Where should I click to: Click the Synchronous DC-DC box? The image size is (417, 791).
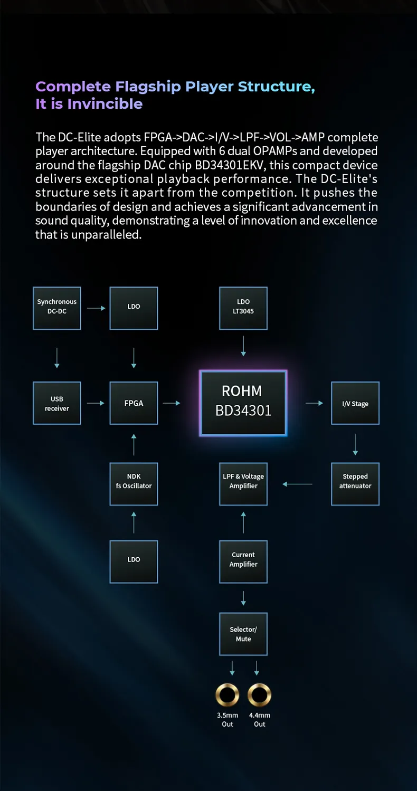(57, 308)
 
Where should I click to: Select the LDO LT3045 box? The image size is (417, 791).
(243, 308)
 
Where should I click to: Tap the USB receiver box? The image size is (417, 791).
(57, 403)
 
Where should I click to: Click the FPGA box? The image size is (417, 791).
(134, 403)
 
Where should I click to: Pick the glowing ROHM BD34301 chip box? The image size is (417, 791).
(243, 403)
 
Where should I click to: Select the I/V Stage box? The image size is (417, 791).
(355, 403)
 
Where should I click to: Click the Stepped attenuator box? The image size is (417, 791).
(355, 484)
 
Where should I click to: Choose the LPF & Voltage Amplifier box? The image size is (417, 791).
(243, 484)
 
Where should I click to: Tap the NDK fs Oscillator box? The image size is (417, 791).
(134, 484)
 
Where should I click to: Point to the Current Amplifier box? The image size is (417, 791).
(243, 561)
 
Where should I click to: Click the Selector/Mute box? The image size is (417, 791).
(243, 634)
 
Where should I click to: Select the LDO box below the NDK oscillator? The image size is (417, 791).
(134, 561)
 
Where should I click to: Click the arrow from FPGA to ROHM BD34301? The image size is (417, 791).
(172, 403)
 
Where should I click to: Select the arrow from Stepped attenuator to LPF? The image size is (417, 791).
(297, 484)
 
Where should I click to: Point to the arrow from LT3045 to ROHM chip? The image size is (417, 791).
(243, 346)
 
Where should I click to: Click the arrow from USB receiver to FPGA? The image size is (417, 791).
(96, 403)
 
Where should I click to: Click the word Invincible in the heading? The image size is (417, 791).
(105, 104)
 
